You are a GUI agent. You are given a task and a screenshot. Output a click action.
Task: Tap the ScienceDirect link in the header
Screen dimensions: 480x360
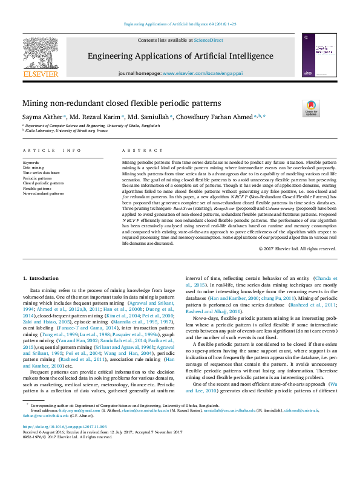pyautogui.click(x=208, y=40)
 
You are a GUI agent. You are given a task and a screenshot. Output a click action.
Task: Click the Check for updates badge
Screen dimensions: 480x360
pyautogui.click(x=311, y=108)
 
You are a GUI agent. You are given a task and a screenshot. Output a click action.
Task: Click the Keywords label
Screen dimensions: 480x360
pyautogui.click(x=31, y=163)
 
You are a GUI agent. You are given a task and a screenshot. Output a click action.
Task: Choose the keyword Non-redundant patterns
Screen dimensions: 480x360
pyautogui.click(x=43, y=193)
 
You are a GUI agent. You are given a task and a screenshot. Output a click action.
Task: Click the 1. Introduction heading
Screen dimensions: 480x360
pyautogui.click(x=42, y=277)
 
